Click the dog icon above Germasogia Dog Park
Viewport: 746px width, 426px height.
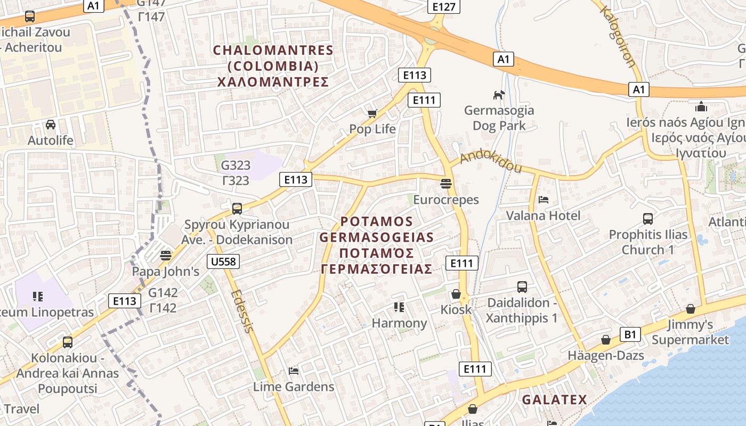[499, 95]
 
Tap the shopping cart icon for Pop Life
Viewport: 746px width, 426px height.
[372, 113]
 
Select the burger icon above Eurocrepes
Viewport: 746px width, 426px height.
[446, 184]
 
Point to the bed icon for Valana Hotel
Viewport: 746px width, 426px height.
[544, 200]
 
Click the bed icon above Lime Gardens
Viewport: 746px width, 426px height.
[293, 371]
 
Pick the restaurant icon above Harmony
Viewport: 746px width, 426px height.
[399, 307]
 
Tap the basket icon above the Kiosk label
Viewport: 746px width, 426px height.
[456, 294]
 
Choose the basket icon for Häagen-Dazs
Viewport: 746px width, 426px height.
[606, 340]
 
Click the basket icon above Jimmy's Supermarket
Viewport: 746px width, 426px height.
[691, 309]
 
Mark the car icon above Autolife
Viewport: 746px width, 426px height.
[51, 125]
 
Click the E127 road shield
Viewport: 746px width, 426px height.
[444, 6]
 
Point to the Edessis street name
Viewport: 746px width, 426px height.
[242, 312]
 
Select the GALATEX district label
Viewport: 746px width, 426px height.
[554, 399]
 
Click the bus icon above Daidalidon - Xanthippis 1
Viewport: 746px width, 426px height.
[522, 287]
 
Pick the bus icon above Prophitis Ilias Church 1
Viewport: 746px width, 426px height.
[648, 219]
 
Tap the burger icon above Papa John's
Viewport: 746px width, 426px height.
[166, 255]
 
